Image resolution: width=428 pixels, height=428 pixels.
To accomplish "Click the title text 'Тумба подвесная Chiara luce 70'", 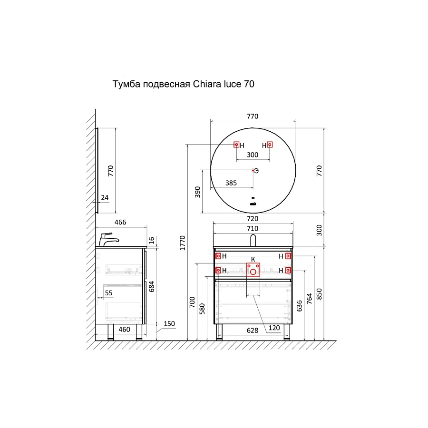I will tap(183, 85).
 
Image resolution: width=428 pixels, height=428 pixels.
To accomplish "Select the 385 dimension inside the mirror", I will tap(231, 183).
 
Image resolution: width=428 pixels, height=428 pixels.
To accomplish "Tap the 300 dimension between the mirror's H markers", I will tap(253, 155).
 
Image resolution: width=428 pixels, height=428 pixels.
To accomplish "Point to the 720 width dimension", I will tap(253, 219).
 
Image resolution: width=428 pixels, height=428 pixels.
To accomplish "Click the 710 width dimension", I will tap(253, 229).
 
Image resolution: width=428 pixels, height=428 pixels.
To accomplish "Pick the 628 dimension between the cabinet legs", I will tap(253, 330).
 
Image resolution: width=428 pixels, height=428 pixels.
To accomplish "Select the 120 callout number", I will tap(274, 328).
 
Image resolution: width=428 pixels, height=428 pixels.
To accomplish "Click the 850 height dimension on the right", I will tap(319, 294).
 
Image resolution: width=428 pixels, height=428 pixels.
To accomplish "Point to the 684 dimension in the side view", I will tap(151, 286).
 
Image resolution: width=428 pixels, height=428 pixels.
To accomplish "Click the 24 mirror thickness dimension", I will tap(105, 197).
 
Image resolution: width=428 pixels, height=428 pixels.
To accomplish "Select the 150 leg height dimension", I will tap(169, 324).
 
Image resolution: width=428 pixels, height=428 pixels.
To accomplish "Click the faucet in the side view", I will tap(107, 239).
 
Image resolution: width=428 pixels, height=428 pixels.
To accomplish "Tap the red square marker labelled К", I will tap(253, 270).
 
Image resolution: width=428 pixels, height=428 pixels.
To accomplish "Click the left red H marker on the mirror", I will tap(236, 145).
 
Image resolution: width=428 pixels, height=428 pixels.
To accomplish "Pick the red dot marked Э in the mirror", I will tap(253, 170).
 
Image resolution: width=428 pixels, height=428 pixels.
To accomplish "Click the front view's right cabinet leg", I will tap(287, 332).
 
